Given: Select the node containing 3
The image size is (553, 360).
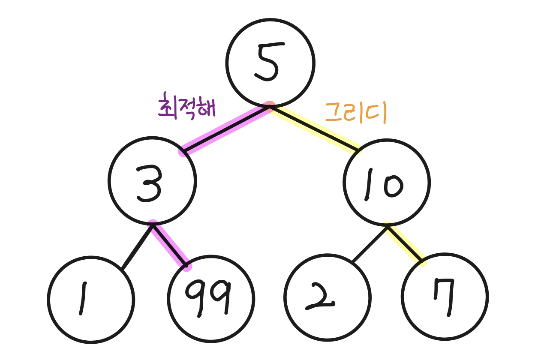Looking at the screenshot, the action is point(152,181).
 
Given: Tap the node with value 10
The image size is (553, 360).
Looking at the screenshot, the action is point(386,183).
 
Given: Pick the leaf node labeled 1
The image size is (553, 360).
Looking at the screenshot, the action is point(91,299).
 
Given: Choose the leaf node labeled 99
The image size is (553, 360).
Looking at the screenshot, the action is point(211,298).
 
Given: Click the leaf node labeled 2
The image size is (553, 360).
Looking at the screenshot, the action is point(327,297).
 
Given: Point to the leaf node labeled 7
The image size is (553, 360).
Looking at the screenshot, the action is point(445,297).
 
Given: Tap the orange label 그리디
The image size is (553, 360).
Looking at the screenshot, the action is point(356,113).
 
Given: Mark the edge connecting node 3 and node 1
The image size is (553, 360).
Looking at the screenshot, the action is point(137,247).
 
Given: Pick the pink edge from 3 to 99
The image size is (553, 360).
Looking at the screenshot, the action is point(170,245).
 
